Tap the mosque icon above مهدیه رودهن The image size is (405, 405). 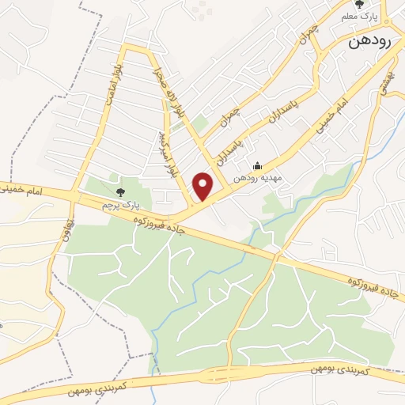coord(257,166)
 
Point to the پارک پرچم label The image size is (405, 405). coord(119,204)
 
